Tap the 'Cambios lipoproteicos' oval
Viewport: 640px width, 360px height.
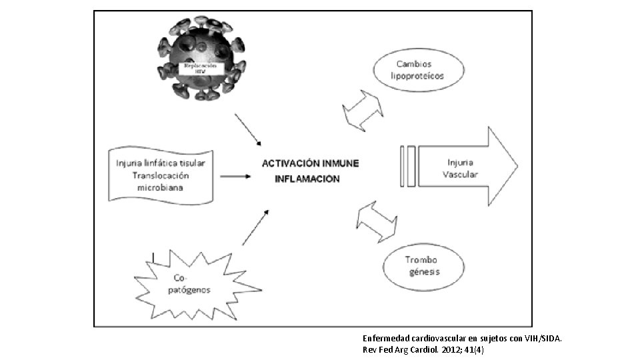click(417, 71)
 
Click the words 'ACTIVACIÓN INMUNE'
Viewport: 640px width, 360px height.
click(311, 163)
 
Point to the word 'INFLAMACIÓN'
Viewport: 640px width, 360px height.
click(307, 179)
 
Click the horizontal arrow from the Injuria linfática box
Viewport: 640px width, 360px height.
click(235, 177)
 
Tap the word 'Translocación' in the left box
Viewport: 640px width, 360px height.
click(161, 175)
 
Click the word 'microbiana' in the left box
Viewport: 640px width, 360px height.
click(161, 187)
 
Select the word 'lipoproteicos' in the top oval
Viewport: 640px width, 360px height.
click(417, 77)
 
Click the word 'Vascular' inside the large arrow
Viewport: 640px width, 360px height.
click(460, 174)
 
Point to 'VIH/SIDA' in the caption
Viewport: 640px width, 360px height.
click(541, 338)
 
